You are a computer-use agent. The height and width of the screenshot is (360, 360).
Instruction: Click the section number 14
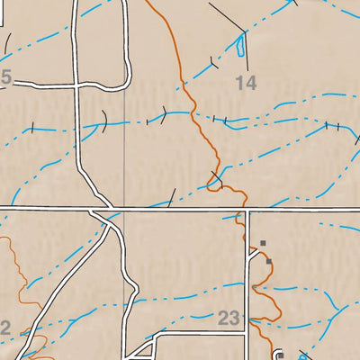click(x=246, y=83)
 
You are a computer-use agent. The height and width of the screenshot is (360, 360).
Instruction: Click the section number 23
click(x=229, y=316)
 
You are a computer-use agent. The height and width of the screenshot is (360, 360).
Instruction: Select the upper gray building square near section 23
click(x=263, y=243)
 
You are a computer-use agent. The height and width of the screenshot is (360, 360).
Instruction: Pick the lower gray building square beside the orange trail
click(x=268, y=262)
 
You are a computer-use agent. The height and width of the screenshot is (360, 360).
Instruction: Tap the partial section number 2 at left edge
click(x=4, y=329)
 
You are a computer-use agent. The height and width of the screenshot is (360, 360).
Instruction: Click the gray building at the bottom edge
click(x=280, y=355)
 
